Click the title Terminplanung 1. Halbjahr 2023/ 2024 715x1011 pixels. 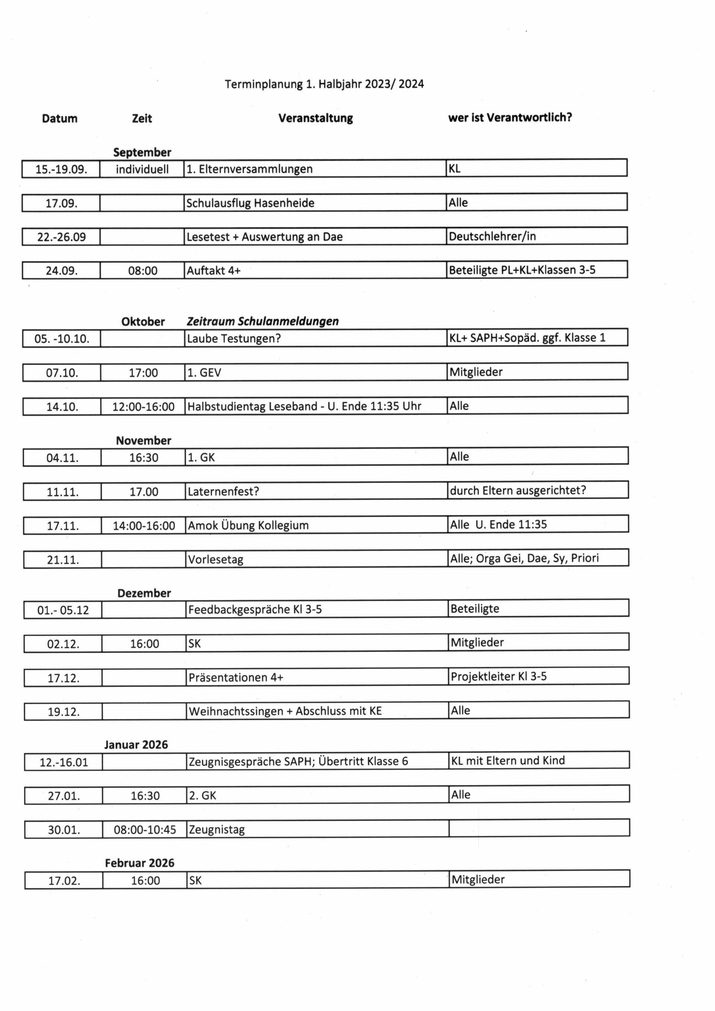coord(324,84)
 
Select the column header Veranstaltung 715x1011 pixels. coord(315,118)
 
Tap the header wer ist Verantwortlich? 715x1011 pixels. coord(510,118)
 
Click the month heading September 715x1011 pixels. coord(142,152)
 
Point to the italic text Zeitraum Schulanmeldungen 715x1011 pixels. coord(263,321)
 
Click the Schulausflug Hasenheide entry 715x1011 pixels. coord(250,203)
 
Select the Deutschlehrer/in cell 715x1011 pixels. coord(492,236)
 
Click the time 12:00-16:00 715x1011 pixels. coord(143,406)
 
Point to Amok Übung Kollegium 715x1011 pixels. coord(248,525)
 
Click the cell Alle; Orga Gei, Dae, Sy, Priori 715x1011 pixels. coord(524,558)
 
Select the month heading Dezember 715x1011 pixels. coord(144,593)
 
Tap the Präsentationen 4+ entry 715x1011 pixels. coord(236,677)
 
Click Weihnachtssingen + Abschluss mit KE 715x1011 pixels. coord(285,711)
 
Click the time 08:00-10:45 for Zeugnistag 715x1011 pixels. coord(145,830)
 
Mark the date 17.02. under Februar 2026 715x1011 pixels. coord(64,881)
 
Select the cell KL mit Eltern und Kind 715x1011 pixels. coord(507,760)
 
